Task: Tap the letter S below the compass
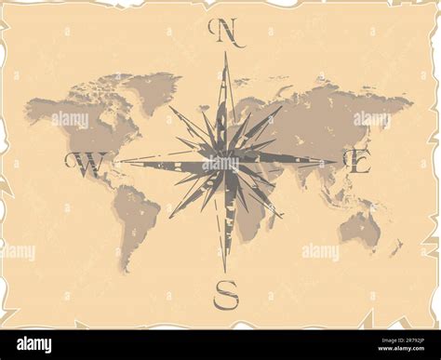[x=225, y=295]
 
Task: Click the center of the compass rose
[x=224, y=161]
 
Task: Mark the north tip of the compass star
[x=224, y=54]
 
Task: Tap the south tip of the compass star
[x=224, y=272]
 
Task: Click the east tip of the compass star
[x=336, y=161]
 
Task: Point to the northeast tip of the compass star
[x=281, y=107]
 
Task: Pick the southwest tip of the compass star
[x=170, y=217]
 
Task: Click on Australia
[x=359, y=227]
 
